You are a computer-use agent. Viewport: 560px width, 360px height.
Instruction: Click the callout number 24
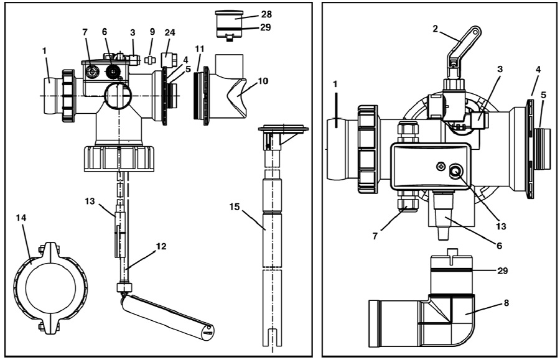[x=170, y=32]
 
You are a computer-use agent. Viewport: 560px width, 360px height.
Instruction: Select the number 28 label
[x=266, y=14]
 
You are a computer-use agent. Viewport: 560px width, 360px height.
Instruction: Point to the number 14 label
[x=21, y=218]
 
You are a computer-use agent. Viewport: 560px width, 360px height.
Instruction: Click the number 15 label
[x=235, y=206]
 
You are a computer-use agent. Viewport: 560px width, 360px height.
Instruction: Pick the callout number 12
[x=161, y=246]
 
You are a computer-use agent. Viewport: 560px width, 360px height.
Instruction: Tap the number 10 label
[x=263, y=81]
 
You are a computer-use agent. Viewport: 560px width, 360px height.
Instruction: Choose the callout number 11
[x=199, y=49]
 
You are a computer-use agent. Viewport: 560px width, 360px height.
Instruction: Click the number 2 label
[x=435, y=29]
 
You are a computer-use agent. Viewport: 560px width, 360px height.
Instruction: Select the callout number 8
[x=506, y=303]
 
